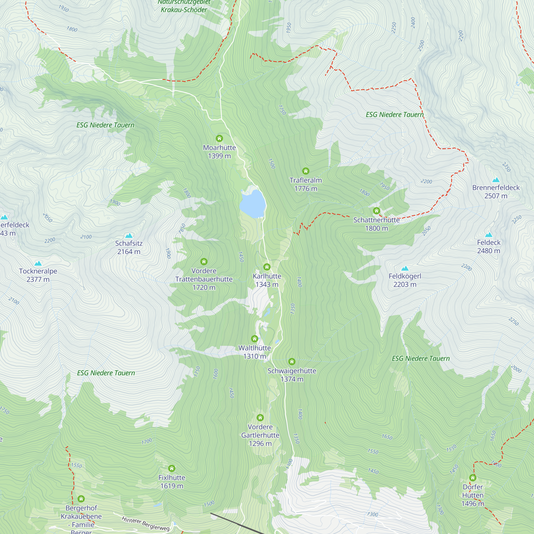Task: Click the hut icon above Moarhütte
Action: [x=219, y=138]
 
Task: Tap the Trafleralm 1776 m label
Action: [x=305, y=184]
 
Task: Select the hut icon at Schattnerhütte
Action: [x=376, y=211]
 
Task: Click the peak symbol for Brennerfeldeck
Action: [x=496, y=180]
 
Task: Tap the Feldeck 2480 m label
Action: [x=488, y=246]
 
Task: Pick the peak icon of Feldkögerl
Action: [x=405, y=268]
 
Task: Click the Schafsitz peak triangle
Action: [x=129, y=236]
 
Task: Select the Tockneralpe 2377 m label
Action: [x=38, y=275]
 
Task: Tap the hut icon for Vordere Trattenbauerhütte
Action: [x=204, y=261]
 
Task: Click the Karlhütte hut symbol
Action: [x=267, y=267]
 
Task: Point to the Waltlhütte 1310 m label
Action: [x=254, y=352]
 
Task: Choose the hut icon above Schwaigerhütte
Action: [x=292, y=362]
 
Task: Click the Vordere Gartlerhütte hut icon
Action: [x=260, y=418]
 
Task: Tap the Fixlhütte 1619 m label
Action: [x=172, y=481]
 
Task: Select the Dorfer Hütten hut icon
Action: [x=473, y=478]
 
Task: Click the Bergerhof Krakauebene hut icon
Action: [x=81, y=498]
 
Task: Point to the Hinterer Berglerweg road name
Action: [x=146, y=524]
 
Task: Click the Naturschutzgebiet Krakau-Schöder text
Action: [x=184, y=6]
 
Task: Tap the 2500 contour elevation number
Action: [x=421, y=46]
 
